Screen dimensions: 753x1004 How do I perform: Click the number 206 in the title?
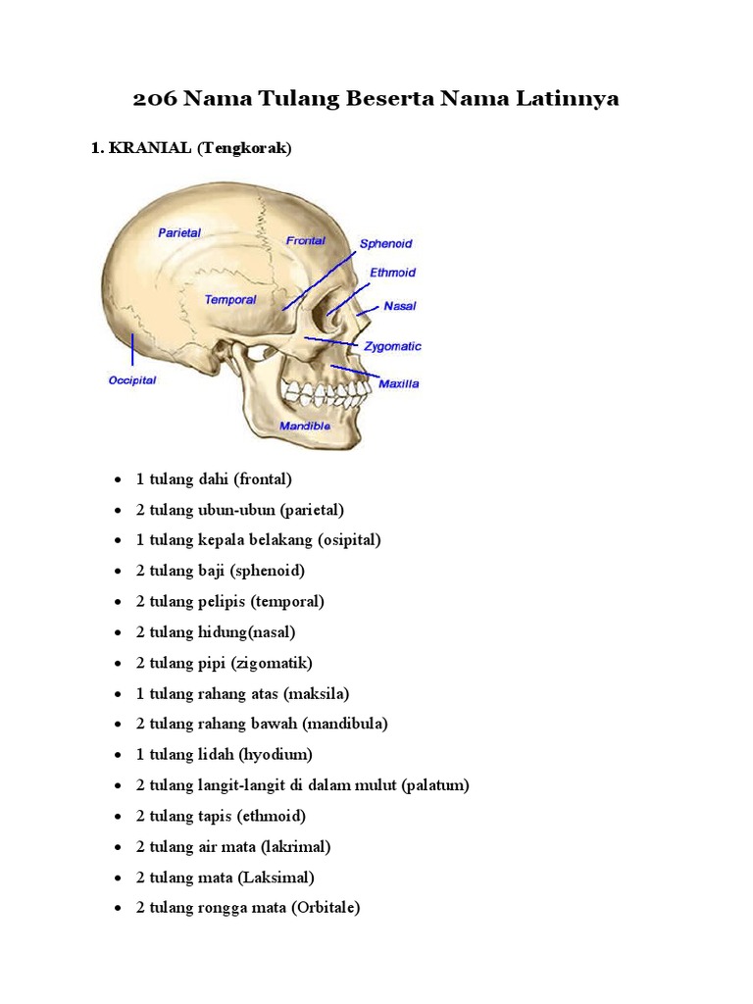pos(154,99)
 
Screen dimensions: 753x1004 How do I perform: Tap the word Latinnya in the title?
pos(570,99)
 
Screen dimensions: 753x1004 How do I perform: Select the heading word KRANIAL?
pos(150,148)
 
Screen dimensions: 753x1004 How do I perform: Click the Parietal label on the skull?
pos(179,233)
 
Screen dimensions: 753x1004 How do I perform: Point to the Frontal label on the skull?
pos(306,240)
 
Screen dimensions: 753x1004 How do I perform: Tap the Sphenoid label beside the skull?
pos(385,243)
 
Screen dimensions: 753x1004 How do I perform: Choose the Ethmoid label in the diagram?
pos(392,273)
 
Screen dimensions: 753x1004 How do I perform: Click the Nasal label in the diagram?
pos(400,306)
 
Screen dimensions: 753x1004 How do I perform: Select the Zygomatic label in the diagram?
pos(392,346)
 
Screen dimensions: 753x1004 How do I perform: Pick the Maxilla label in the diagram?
pos(398,383)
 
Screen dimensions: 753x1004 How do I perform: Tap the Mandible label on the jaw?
pos(305,427)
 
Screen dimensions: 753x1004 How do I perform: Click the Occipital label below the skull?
pos(132,380)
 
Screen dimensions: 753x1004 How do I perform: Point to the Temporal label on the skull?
pos(230,300)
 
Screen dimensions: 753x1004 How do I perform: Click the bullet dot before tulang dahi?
pos(118,479)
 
